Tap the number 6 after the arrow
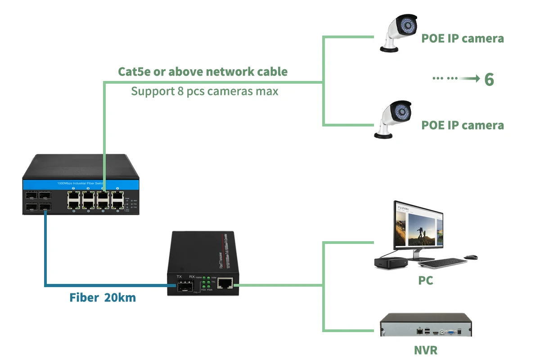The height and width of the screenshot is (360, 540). coord(489,80)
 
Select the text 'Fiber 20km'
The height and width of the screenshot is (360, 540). coord(103,297)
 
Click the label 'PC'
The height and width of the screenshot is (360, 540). coord(425,281)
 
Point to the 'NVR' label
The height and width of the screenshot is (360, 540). coord(425,350)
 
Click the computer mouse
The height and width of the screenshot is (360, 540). coord(471,257)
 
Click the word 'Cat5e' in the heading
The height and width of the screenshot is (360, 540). coord(134,72)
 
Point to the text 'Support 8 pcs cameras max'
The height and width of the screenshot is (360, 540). coord(204,91)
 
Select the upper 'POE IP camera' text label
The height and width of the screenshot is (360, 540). coord(462,39)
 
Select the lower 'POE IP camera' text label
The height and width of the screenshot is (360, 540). coord(462,125)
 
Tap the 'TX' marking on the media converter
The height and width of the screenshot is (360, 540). coord(179,276)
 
